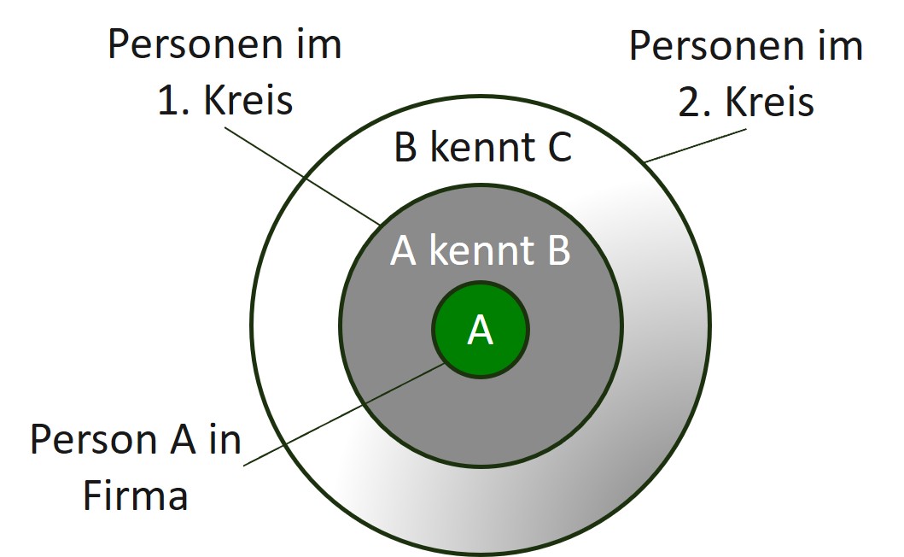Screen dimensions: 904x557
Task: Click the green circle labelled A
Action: pyautogui.click(x=481, y=330)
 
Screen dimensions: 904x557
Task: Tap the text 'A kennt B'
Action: pyautogui.click(x=481, y=250)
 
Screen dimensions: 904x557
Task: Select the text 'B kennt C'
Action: pyautogui.click(x=482, y=147)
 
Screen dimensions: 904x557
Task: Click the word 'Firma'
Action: pyautogui.click(x=136, y=495)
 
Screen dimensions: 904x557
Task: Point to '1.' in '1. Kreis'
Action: pyautogui.click(x=172, y=101)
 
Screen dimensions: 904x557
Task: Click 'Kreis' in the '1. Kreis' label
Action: pyautogui.click(x=248, y=100)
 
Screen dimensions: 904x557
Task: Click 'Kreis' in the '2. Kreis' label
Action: pyautogui.click(x=769, y=102)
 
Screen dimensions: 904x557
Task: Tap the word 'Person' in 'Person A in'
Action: pyautogui.click(x=94, y=440)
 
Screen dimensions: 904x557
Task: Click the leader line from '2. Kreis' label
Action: pyautogui.click(x=696, y=145)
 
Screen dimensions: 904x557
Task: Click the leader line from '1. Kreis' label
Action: pyautogui.click(x=302, y=175)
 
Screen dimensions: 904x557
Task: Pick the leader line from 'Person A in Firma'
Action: pyautogui.click(x=344, y=414)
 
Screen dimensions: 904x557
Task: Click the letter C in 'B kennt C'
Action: pyautogui.click(x=559, y=147)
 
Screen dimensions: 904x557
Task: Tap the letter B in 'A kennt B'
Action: pyautogui.click(x=558, y=250)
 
